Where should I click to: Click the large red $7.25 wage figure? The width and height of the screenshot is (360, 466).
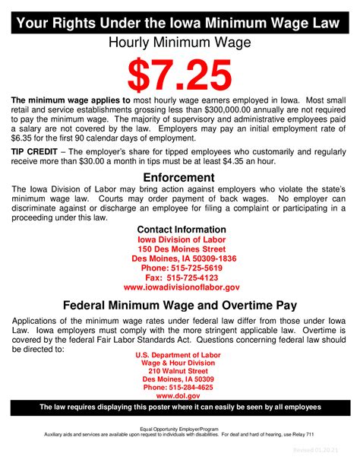(x=179, y=74)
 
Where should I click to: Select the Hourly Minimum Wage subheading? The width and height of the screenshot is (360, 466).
(x=180, y=44)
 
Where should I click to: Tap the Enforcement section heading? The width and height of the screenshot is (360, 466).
(x=180, y=177)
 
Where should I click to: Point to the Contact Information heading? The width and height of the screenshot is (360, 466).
(x=181, y=230)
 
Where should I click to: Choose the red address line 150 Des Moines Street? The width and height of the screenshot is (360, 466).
(x=181, y=249)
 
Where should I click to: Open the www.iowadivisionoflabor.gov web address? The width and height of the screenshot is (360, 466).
(x=181, y=288)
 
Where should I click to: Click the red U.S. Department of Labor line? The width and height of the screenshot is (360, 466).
(x=177, y=355)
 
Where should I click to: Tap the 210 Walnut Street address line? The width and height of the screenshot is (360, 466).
(x=177, y=370)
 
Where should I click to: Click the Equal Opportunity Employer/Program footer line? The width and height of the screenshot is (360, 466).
(x=179, y=429)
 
